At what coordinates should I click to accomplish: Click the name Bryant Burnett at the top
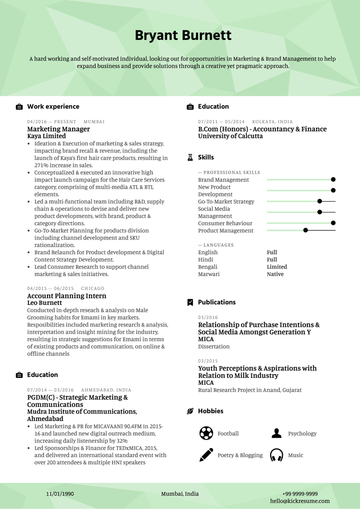coord(183,35)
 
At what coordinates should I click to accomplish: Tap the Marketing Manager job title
coord(59,129)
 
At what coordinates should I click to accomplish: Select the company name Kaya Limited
coord(46,136)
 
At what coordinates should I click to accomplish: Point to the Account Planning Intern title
coord(67,296)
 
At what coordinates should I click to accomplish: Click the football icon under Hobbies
coord(206,433)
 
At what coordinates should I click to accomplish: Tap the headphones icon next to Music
coord(276,455)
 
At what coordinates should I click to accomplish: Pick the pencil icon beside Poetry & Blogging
coord(206,455)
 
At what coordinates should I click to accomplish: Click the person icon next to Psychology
coord(276,433)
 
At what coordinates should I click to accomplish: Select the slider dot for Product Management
coord(306,230)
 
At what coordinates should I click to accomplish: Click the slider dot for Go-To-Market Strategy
coord(320,201)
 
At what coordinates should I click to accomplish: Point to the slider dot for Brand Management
coord(333,180)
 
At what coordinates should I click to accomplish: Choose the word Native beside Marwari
coord(275,274)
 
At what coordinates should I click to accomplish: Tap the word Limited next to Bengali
coord(277,267)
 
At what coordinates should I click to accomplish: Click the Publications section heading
coord(217,302)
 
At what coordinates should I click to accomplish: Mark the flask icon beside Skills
coord(190,157)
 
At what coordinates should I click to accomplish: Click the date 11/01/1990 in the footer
coord(60,494)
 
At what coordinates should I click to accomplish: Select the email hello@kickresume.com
coord(300,501)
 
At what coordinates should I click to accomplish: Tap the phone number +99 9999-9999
coord(300,494)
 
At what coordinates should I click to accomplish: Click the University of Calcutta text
coord(230,136)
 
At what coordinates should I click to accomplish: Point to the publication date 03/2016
coord(208,317)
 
